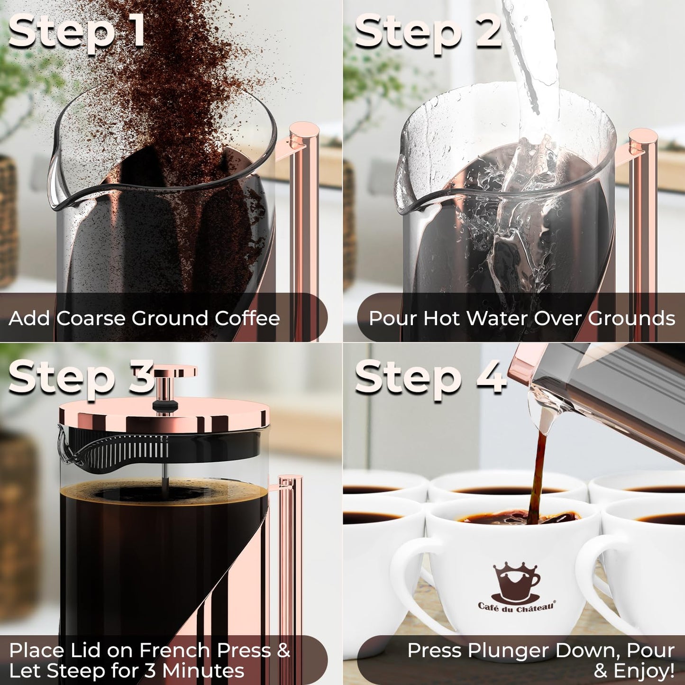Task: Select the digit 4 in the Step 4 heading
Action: [x=491, y=377]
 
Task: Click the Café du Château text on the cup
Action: [x=516, y=606]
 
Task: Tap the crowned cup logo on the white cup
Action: [x=516, y=582]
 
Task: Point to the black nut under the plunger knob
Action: [x=165, y=405]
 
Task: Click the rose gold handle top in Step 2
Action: [x=643, y=137]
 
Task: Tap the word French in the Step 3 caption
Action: [x=174, y=651]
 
